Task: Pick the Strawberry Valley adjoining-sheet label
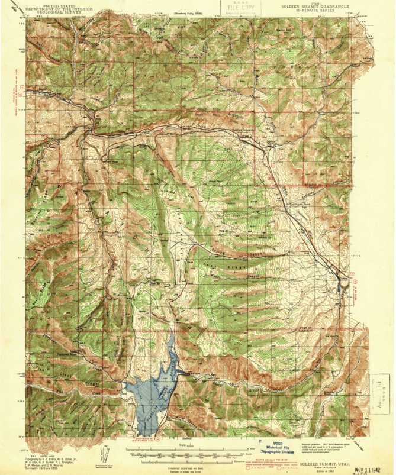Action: pos(190,13)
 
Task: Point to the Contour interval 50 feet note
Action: pos(185,467)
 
